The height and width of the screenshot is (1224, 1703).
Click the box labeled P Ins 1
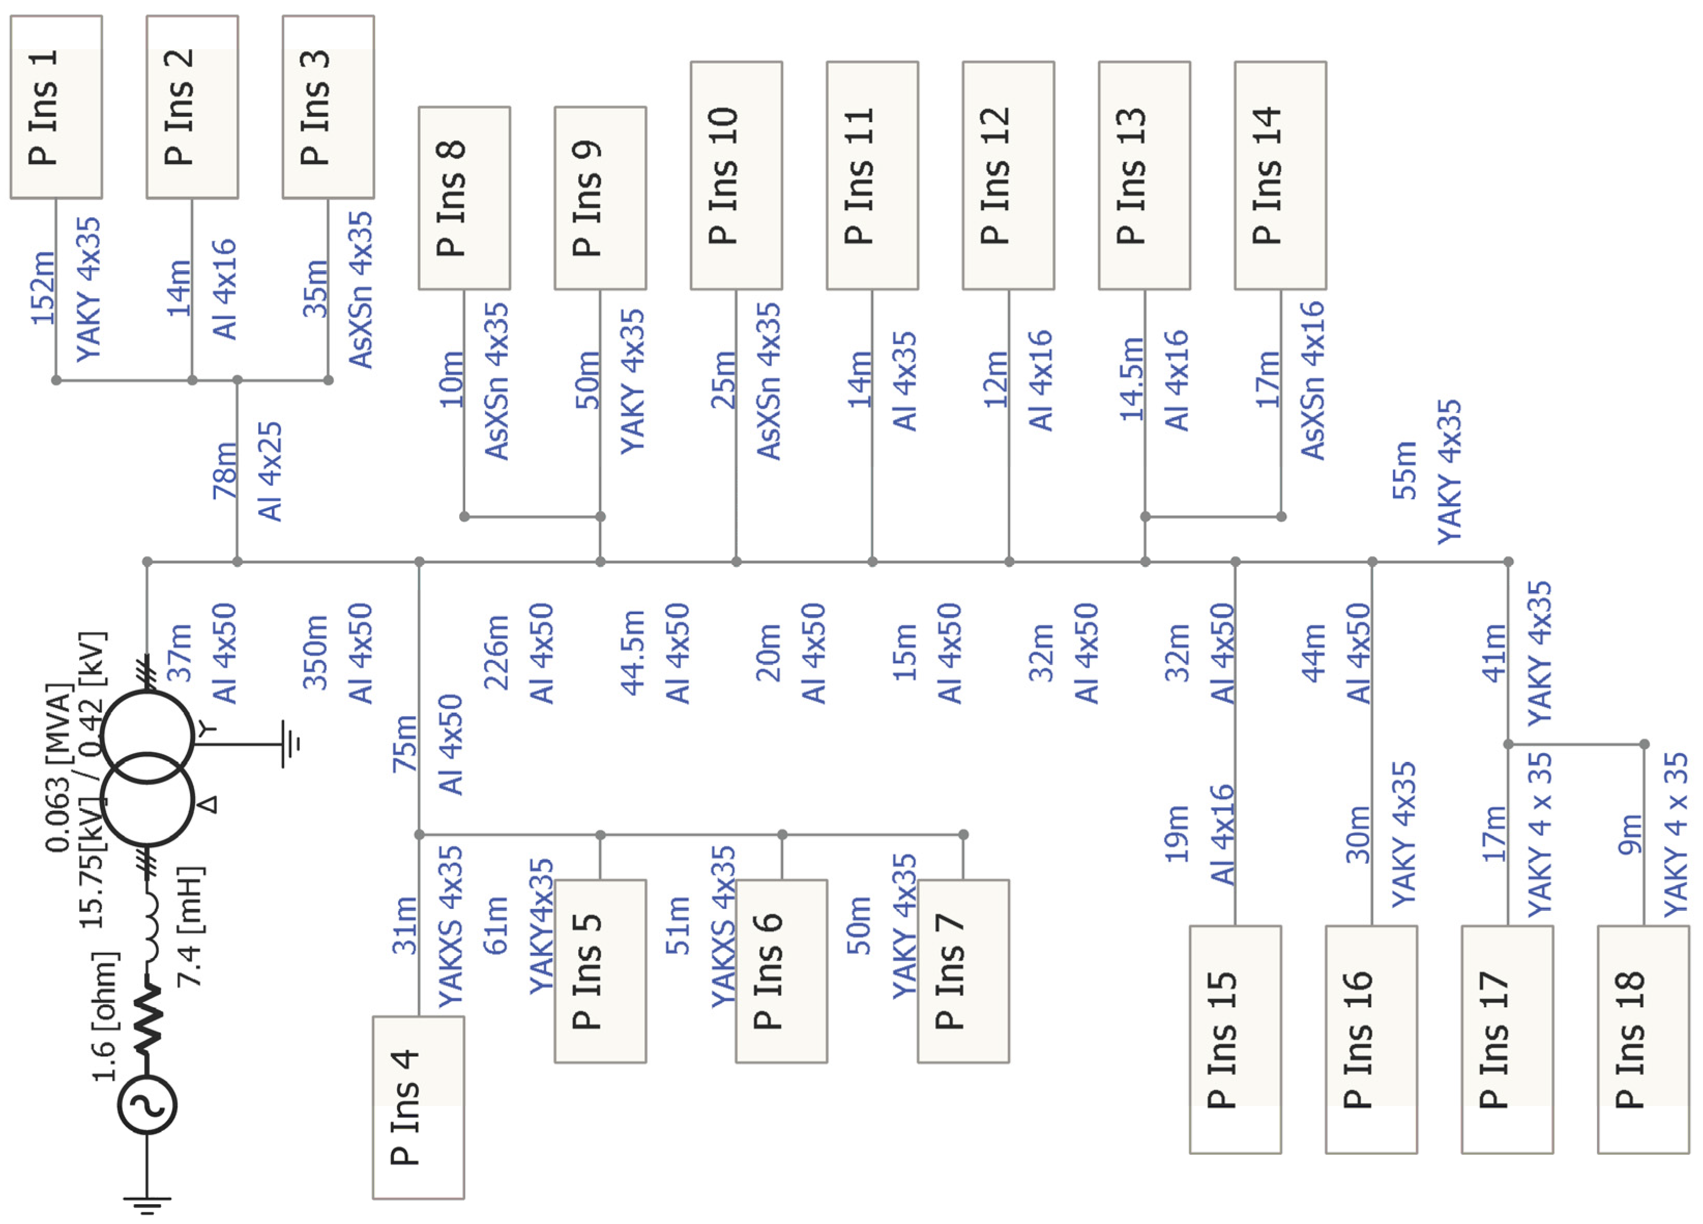56,107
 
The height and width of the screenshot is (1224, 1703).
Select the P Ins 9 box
600,198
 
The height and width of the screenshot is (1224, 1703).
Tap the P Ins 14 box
1280,175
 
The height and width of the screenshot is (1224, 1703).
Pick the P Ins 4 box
418,1108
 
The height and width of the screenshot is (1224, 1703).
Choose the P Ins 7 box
963,971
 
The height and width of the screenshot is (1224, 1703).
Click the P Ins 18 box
1643,1039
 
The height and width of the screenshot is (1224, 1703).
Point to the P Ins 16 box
1371,1039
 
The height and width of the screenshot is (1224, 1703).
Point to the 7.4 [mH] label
189,927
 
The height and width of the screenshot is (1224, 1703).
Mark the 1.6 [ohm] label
105,1017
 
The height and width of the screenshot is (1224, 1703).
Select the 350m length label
315,652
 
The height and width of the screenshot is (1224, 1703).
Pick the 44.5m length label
632,652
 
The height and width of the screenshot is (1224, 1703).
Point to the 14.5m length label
1131,379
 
